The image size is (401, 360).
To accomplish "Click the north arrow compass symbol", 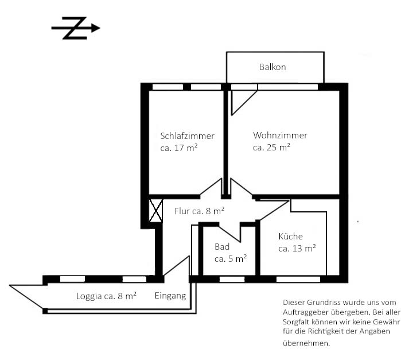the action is pyautogui.click(x=76, y=28).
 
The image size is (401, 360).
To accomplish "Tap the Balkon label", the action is pyautogui.click(x=272, y=67).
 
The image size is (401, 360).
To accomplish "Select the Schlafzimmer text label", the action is pyautogui.click(x=187, y=136).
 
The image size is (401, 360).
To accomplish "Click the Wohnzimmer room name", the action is pyautogui.click(x=280, y=135).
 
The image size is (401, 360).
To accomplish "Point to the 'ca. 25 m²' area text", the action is pyautogui.click(x=271, y=147).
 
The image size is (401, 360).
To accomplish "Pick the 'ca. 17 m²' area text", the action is pyautogui.click(x=179, y=148).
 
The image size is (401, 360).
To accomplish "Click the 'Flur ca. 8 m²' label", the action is pyautogui.click(x=200, y=211).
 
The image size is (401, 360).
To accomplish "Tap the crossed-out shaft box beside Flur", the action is pyautogui.click(x=155, y=211).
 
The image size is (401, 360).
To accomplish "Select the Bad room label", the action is pyautogui.click(x=222, y=246).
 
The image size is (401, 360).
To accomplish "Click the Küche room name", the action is pyautogui.click(x=290, y=236).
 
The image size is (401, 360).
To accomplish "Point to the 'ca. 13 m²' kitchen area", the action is pyautogui.click(x=297, y=248).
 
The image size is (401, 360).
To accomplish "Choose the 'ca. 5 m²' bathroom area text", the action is pyautogui.click(x=231, y=258).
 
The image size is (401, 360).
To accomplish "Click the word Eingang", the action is pyautogui.click(x=170, y=296).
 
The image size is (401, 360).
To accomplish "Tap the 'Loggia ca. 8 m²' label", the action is pyautogui.click(x=106, y=296).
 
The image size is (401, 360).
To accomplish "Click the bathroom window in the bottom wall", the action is pyautogui.click(x=232, y=279).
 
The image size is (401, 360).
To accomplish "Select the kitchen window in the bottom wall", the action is pyautogui.click(x=298, y=279).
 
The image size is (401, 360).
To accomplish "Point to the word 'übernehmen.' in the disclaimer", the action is pyautogui.click(x=306, y=343).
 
